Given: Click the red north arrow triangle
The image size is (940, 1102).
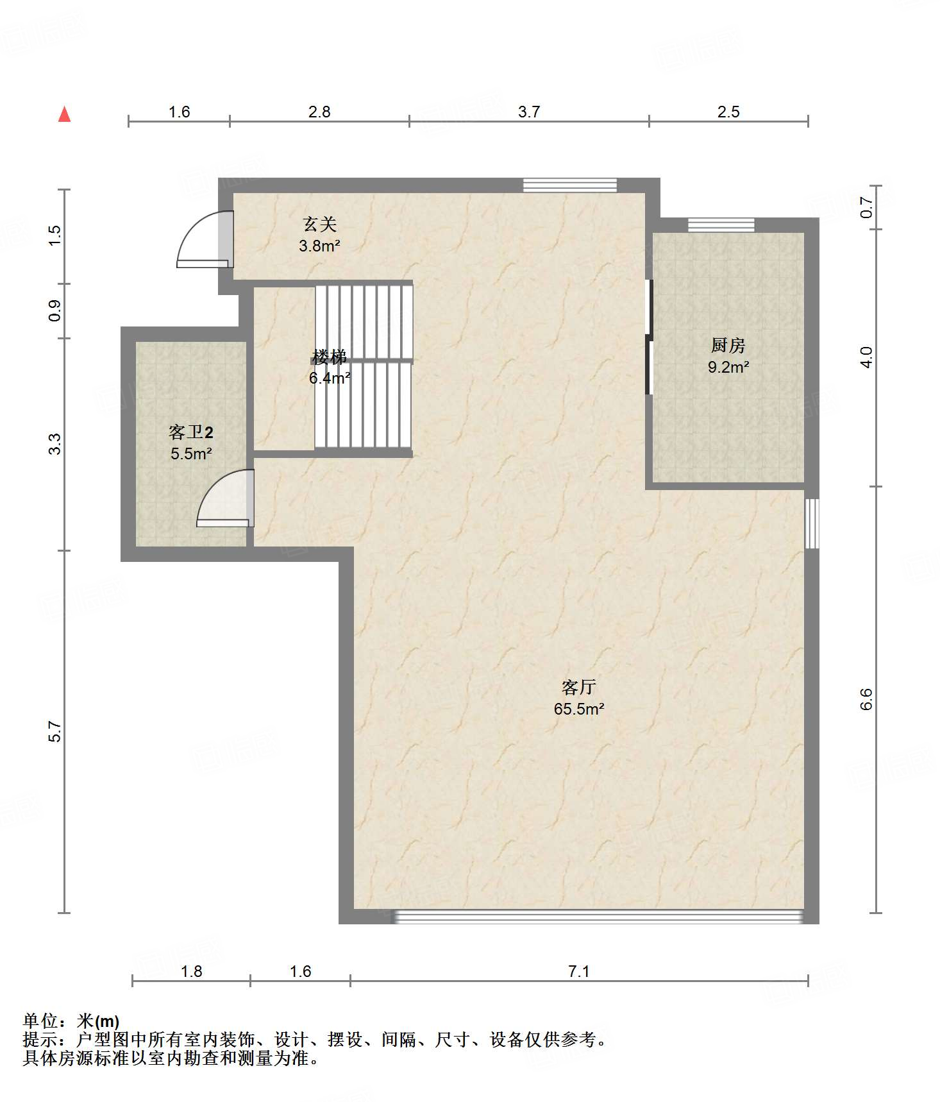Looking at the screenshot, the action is click(64, 114).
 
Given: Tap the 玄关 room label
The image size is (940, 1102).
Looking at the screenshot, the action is click(319, 224).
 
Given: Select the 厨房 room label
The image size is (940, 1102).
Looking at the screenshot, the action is click(728, 346).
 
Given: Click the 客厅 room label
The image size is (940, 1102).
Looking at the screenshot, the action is click(579, 688).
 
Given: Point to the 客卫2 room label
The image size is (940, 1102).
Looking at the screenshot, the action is click(191, 432).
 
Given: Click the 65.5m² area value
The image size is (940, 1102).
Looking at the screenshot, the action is click(579, 709).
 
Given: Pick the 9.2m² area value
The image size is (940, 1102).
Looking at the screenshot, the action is click(728, 367).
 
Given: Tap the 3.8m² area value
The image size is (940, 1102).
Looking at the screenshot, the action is click(319, 245).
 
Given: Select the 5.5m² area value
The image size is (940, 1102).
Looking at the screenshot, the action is click(191, 454).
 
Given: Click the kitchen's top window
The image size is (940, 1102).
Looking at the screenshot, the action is click(721, 225).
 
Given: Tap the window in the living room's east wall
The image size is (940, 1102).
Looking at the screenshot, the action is click(812, 523).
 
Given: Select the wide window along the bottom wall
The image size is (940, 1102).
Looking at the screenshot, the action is click(598, 916).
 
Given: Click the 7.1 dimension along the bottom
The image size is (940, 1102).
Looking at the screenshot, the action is click(579, 972).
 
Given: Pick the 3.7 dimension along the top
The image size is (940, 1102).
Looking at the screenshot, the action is click(529, 112).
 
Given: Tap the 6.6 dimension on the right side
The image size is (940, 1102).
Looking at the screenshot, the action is click(866, 699).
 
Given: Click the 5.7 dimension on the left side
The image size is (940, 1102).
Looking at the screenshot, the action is click(55, 732).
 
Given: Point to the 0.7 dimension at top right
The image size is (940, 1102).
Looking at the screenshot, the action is click(866, 207).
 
